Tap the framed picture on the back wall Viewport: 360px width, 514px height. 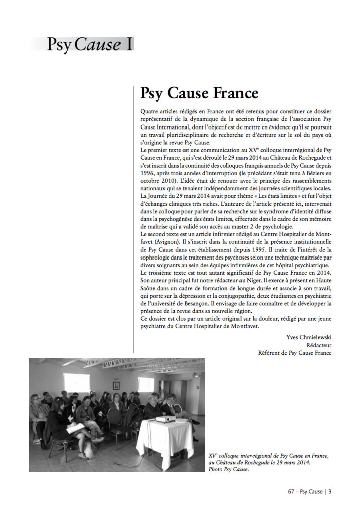pos(116,385)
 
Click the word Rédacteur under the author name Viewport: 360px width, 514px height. pos(319,345)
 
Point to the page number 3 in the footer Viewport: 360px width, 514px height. pos(330,492)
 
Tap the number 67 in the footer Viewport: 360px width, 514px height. pos(291,492)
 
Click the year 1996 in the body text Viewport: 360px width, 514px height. pos(149,172)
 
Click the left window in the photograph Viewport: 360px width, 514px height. pos(76,382)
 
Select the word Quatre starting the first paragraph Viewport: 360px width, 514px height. pos(150,111)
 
